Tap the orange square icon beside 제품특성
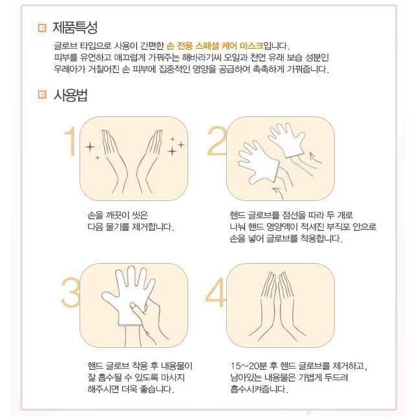tap(42, 28)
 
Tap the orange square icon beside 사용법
tap(42, 95)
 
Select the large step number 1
tap(69, 143)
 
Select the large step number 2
tap(215, 143)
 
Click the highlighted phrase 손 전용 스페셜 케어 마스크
tap(215, 47)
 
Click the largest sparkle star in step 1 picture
tap(173, 151)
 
